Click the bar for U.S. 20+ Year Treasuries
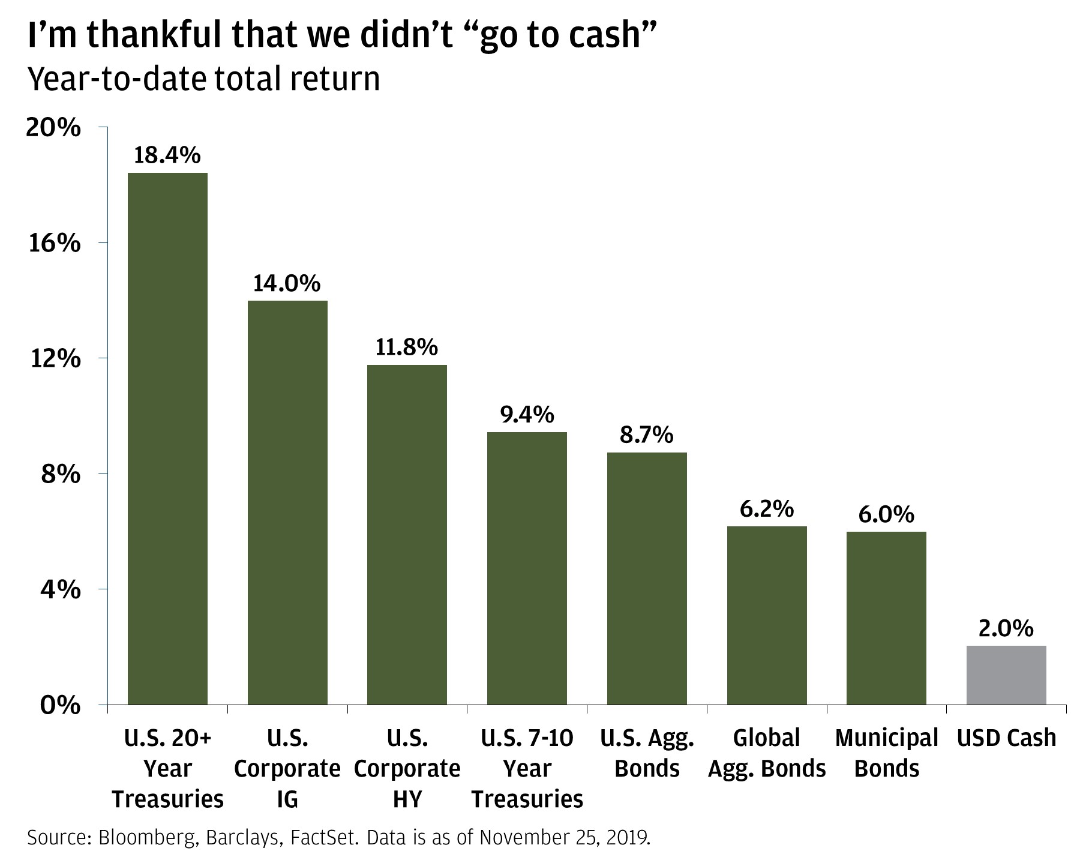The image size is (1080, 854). (x=167, y=438)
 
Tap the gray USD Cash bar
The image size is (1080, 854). (x=1006, y=675)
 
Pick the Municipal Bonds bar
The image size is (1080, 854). (x=886, y=618)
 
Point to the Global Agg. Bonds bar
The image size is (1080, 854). (x=767, y=615)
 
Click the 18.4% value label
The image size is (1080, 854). (x=167, y=155)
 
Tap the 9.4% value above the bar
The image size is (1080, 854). (x=527, y=414)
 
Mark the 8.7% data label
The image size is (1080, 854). (x=646, y=435)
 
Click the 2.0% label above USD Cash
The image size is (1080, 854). (x=1006, y=628)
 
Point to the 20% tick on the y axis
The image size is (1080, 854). (x=53, y=128)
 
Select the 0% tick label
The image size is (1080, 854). (x=60, y=705)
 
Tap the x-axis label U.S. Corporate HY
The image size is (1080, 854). (x=407, y=769)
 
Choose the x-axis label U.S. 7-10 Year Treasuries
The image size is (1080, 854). (x=527, y=769)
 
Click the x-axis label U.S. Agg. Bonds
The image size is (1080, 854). (x=647, y=753)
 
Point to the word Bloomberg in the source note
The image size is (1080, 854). (x=146, y=838)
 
